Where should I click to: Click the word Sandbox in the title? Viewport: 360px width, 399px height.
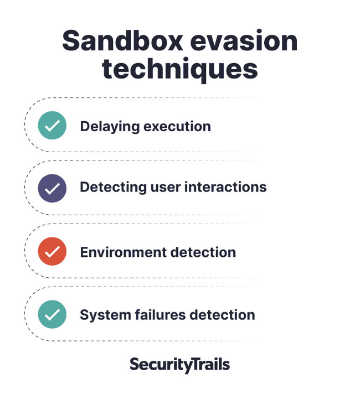pyautogui.click(x=123, y=40)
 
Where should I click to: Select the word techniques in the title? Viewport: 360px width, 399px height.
pyautogui.click(x=180, y=69)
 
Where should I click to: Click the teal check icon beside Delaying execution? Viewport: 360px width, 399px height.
pyautogui.click(x=52, y=125)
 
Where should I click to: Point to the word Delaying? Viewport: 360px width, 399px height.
pyautogui.click(x=110, y=127)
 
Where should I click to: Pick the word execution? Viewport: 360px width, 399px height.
pyautogui.click(x=177, y=127)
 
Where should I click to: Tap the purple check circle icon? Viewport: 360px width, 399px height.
pyautogui.click(x=52, y=188)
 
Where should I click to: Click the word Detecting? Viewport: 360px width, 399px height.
pyautogui.click(x=113, y=188)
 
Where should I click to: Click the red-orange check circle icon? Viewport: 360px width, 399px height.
pyautogui.click(x=52, y=251)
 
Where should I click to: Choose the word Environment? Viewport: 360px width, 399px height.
pyautogui.click(x=123, y=252)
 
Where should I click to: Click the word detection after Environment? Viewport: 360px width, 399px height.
pyautogui.click(x=203, y=252)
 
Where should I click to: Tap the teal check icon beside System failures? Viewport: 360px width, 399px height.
pyautogui.click(x=52, y=314)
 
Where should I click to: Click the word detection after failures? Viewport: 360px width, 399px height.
pyautogui.click(x=223, y=315)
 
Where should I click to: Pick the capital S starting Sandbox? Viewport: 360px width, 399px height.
pyautogui.click(x=70, y=41)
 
